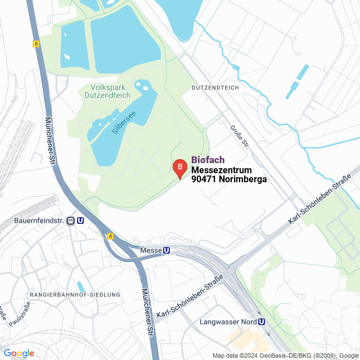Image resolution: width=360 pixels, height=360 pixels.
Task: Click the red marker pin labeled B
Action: (x=179, y=167)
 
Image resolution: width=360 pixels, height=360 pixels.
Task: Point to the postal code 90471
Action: (x=204, y=179)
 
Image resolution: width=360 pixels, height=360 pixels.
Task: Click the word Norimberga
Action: (x=242, y=179)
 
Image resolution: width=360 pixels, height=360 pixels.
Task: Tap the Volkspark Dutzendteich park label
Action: (x=111, y=91)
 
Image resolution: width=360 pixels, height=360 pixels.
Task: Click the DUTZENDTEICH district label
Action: (x=215, y=88)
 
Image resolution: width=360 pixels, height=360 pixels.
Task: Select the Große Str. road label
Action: (x=238, y=137)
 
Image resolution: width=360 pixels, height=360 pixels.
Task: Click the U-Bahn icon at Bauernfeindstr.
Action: (x=81, y=221)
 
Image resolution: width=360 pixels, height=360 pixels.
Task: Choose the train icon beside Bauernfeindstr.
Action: (x=70, y=221)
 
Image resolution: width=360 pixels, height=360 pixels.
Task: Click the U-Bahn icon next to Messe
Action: (x=166, y=250)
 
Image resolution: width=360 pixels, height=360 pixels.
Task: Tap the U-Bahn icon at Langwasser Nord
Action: (x=262, y=322)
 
